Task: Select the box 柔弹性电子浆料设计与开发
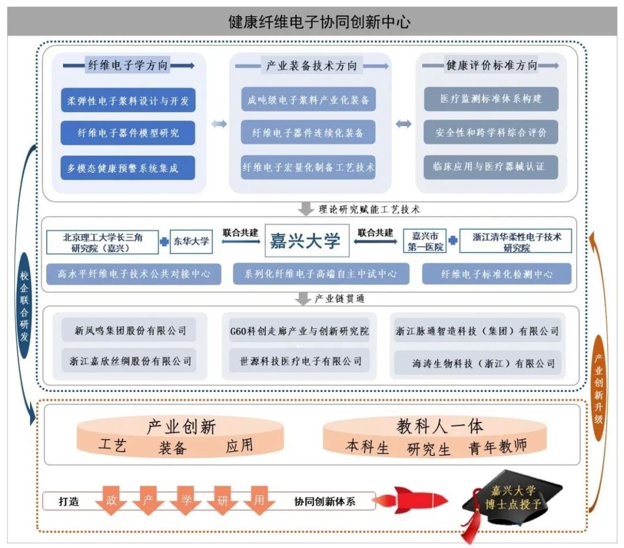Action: click(128, 101)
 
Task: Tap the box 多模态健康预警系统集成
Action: click(128, 168)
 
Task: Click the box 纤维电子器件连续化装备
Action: click(308, 132)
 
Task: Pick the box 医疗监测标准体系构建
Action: click(491, 99)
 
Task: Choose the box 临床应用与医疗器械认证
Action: click(491, 167)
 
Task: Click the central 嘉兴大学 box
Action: click(306, 240)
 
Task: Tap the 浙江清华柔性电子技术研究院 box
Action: click(515, 242)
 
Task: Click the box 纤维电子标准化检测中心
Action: click(496, 274)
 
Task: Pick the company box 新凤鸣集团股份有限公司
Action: click(131, 331)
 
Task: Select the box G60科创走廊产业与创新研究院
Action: click(299, 331)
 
